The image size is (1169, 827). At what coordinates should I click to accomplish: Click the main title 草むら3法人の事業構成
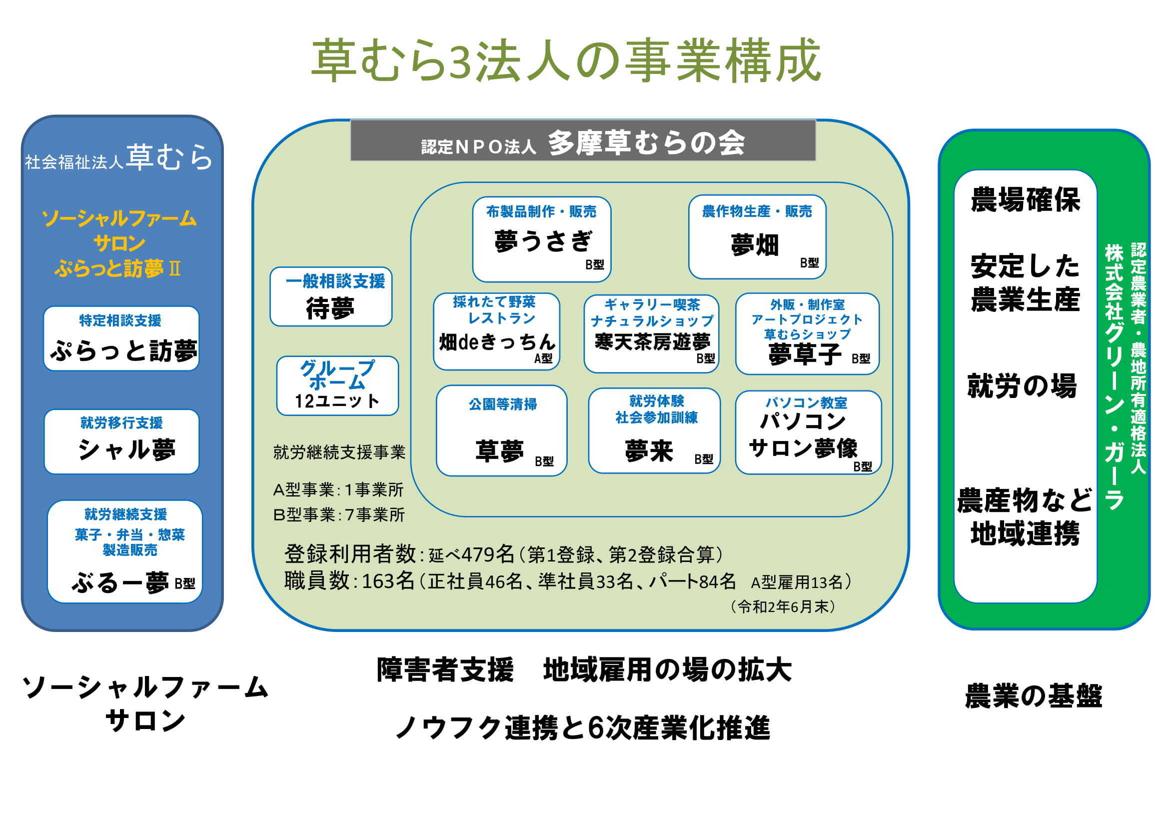click(x=565, y=61)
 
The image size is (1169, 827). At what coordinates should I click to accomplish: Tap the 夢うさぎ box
click(x=541, y=239)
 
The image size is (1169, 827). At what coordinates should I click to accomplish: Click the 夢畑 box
click(x=757, y=238)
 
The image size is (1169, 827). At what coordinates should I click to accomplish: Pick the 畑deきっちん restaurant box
click(x=496, y=331)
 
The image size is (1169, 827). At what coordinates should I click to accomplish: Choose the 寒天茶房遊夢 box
click(x=651, y=333)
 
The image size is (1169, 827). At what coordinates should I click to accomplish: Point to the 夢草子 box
click(x=807, y=334)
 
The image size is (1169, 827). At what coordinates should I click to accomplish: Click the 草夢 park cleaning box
click(x=501, y=431)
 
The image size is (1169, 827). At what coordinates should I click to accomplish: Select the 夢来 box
click(x=654, y=431)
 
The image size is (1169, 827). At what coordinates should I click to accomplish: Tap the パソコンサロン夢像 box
click(x=808, y=433)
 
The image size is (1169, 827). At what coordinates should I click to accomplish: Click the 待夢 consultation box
click(x=331, y=297)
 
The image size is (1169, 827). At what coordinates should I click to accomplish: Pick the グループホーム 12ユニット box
click(x=337, y=386)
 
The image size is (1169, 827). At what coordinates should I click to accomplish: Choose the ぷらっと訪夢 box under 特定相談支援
click(x=121, y=338)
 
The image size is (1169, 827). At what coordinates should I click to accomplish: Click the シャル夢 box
click(x=121, y=442)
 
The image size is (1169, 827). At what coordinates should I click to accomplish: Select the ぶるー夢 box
click(x=125, y=552)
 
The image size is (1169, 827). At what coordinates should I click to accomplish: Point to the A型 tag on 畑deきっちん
click(x=543, y=358)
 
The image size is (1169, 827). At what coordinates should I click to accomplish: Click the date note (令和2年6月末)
click(x=783, y=606)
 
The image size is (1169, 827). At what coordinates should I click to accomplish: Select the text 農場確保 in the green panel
click(x=1025, y=199)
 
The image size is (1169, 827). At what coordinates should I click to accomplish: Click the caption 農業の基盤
click(x=1034, y=696)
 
